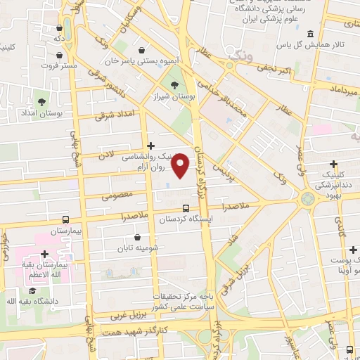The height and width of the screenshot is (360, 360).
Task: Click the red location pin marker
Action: click(181, 165)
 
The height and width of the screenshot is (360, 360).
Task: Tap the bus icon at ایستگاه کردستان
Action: click(186, 208)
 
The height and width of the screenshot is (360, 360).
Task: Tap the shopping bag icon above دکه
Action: click(59, 28)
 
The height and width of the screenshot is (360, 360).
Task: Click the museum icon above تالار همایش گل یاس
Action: click(310, 34)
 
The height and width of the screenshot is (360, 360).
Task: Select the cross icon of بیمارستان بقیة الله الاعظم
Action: click(44, 254)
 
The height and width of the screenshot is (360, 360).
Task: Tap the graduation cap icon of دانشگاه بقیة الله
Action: click(32, 290)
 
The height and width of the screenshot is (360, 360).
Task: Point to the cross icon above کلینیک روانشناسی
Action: click(150, 146)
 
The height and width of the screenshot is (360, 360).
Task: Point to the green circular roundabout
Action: click(308, 198)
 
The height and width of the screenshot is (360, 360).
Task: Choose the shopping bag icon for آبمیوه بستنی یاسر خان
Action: click(143, 51)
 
